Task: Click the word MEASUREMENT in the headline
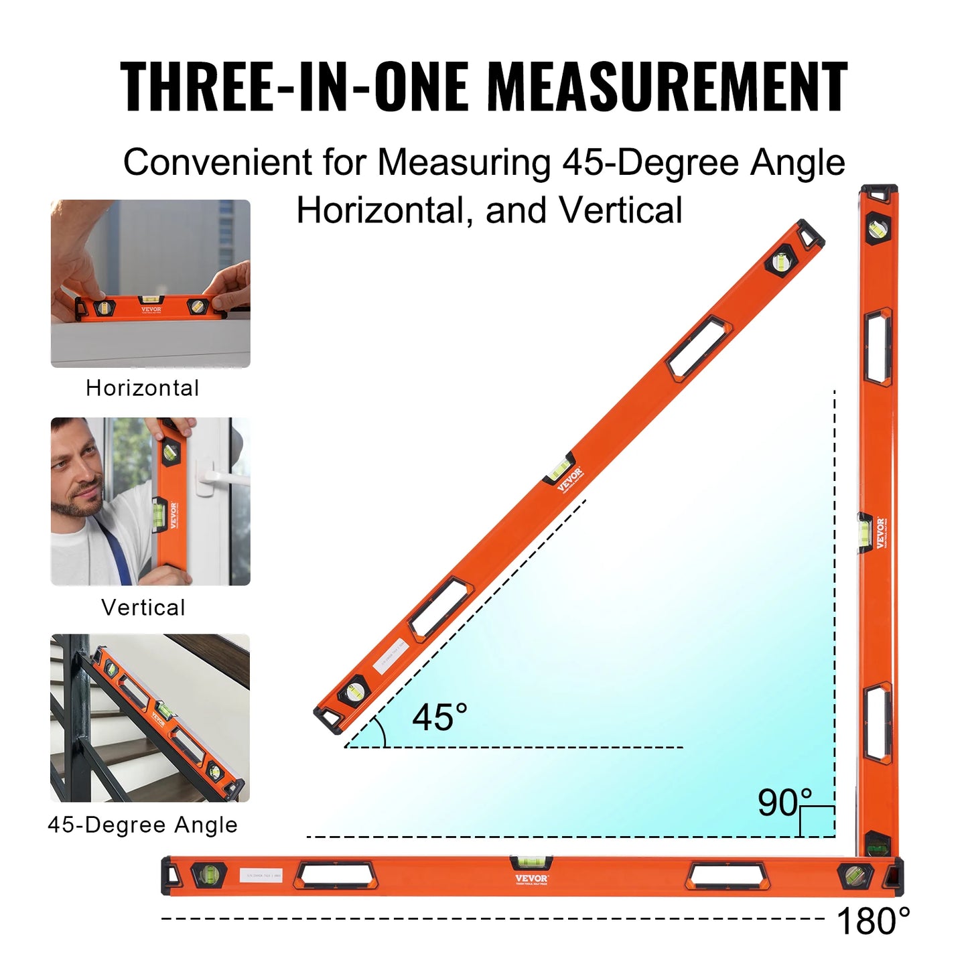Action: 667,86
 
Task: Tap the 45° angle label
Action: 439,717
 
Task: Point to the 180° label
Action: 873,921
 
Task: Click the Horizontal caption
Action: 143,388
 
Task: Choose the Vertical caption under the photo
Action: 143,608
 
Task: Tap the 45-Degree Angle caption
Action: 143,825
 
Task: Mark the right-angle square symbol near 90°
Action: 817,821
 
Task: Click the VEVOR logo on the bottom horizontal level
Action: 532,878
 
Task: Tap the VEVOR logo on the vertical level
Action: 880,533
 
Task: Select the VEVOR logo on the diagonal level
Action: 569,478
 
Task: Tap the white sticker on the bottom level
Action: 261,876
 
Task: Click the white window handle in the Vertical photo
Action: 216,477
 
